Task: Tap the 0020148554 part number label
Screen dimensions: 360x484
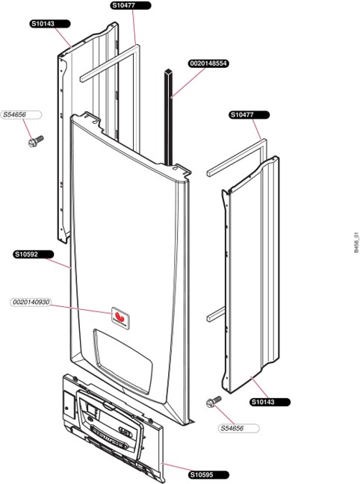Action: coord(208,63)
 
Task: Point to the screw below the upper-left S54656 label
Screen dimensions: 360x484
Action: coord(36,141)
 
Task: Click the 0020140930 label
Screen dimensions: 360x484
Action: coord(31,302)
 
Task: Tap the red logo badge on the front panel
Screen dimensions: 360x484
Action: coord(120,318)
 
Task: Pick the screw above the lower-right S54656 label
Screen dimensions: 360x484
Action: coord(214,402)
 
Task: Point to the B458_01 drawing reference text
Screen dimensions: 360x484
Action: coord(356,243)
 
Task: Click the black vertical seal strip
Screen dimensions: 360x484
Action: coord(169,117)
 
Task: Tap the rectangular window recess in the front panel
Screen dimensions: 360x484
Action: coord(122,360)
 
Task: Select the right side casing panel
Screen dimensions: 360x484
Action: coord(251,275)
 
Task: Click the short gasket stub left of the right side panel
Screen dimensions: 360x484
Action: coord(216,314)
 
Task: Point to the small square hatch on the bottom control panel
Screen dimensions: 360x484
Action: coord(69,404)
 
